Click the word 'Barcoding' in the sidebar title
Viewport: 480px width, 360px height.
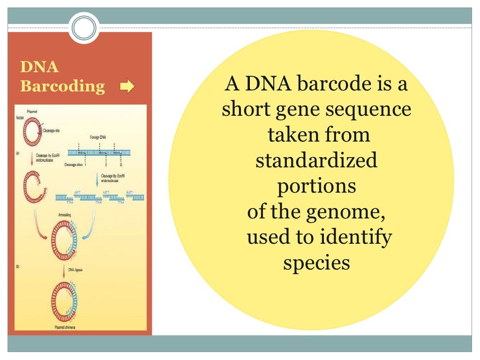63,86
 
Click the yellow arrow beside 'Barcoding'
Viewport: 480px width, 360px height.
127,86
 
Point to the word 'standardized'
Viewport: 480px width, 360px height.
316,161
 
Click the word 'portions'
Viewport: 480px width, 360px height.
316,186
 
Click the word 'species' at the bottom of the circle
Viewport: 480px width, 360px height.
316,262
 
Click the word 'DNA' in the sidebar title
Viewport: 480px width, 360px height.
40,67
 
